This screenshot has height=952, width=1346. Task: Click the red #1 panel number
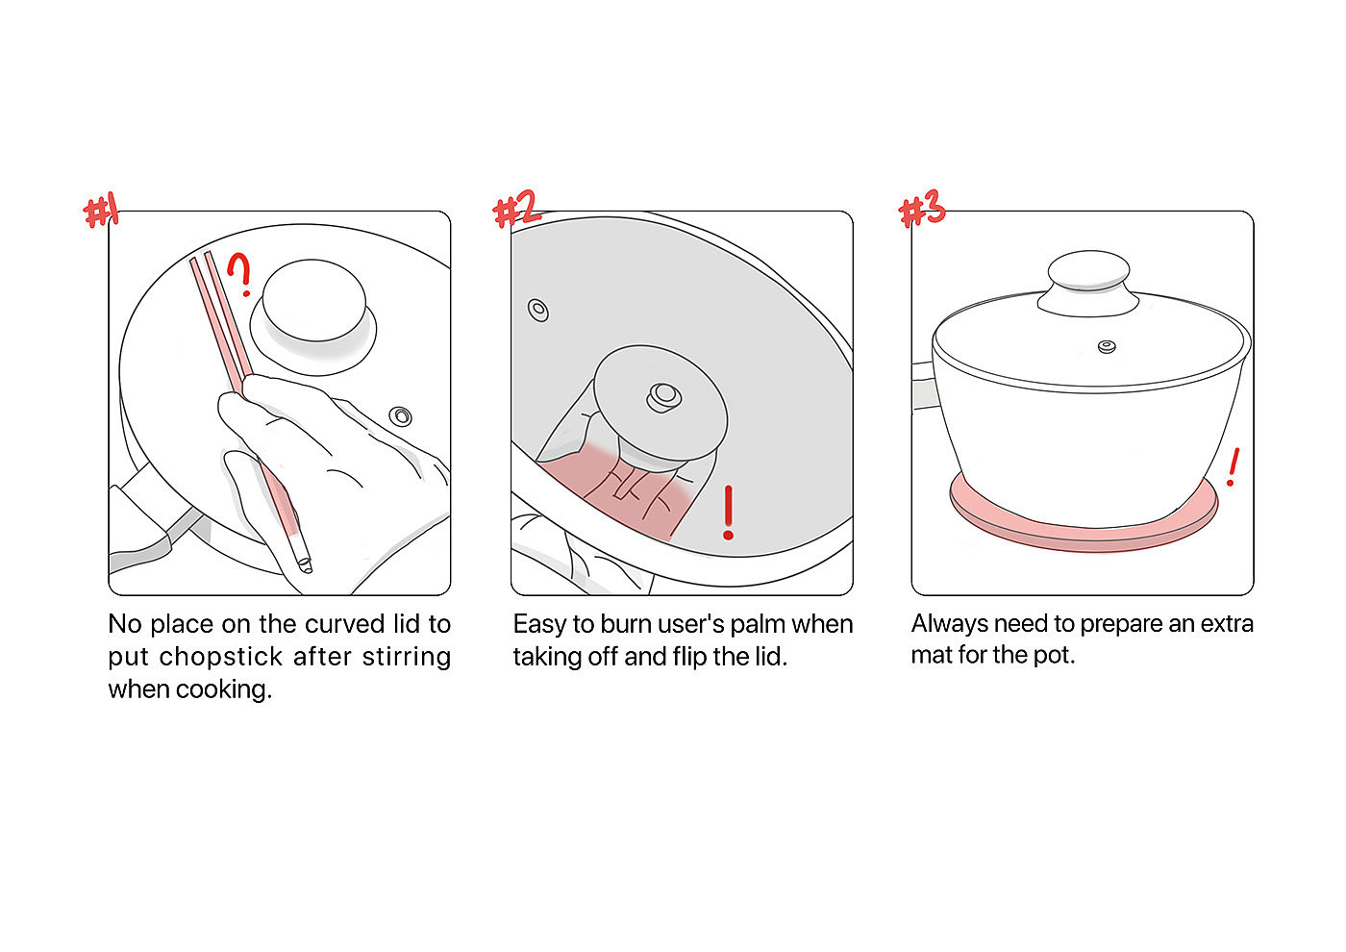tap(101, 212)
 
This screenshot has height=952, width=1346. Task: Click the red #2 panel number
tap(516, 209)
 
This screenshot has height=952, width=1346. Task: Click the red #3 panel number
tap(922, 210)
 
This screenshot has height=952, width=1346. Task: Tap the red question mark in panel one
tap(240, 275)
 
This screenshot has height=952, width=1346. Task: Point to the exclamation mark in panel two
tap(729, 512)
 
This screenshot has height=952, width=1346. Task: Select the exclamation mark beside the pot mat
tap(1233, 467)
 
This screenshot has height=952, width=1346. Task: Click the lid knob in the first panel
tap(312, 302)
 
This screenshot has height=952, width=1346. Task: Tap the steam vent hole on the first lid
tap(401, 416)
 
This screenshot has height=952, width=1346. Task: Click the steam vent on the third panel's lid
tap(1107, 346)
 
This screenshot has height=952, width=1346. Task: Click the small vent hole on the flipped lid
tap(538, 311)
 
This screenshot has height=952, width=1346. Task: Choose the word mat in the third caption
tap(931, 655)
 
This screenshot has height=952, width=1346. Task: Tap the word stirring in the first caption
tap(407, 657)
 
